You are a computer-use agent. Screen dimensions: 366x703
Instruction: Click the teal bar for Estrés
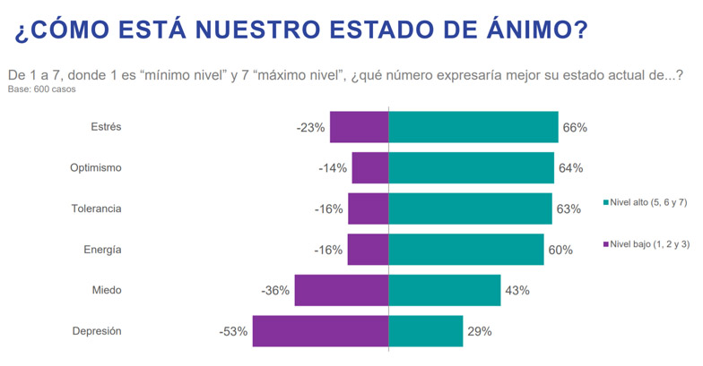[473, 127]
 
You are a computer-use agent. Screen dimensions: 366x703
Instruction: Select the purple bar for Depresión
[320, 331]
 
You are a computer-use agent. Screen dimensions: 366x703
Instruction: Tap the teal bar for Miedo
[444, 290]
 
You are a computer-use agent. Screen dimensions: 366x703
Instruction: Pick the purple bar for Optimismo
[369, 168]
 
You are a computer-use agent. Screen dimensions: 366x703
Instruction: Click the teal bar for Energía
[465, 250]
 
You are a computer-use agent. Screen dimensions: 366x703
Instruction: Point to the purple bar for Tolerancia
[368, 209]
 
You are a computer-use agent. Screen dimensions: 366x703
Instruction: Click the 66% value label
[575, 127]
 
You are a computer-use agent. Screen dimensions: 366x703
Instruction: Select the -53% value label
[233, 331]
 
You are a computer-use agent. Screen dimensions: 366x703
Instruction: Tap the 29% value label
[480, 331]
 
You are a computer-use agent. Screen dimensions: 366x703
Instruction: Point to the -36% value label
[275, 290]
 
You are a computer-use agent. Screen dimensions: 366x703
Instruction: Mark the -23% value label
[310, 127]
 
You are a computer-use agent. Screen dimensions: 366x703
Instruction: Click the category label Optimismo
[96, 168]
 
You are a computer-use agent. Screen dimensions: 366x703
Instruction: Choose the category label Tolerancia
[96, 209]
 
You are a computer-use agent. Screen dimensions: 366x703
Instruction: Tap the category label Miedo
[106, 290]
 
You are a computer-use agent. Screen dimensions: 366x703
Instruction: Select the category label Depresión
[96, 331]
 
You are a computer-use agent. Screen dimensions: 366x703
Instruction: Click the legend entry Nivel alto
[647, 203]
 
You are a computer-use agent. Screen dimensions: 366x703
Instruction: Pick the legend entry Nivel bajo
[647, 243]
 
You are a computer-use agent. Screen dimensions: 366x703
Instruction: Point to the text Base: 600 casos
[42, 89]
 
